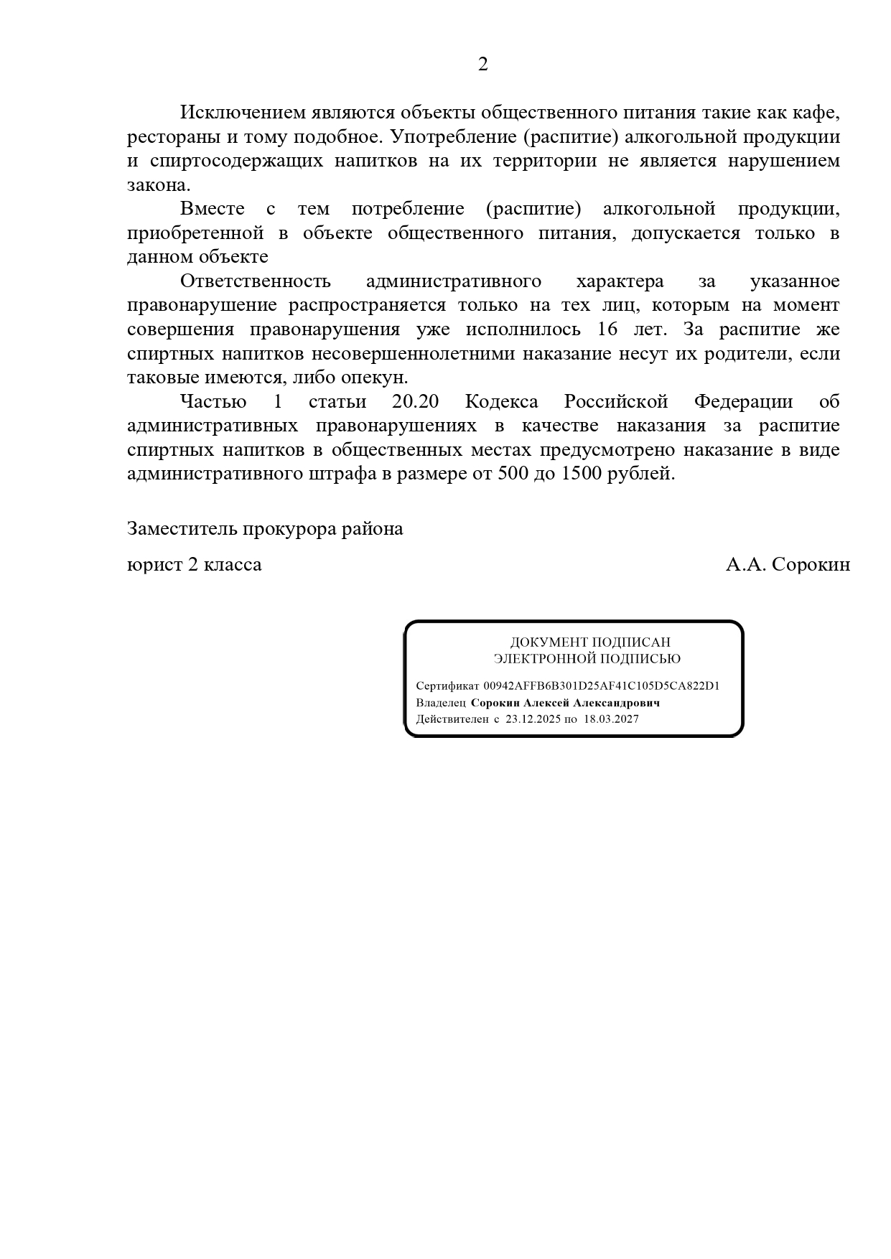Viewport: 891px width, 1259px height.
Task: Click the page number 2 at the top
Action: click(x=482, y=65)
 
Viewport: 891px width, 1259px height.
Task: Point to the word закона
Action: click(x=158, y=185)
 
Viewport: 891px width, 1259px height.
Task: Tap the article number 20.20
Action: click(x=415, y=402)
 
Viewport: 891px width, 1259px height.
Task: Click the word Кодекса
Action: click(x=501, y=402)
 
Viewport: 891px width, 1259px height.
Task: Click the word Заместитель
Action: click(x=182, y=529)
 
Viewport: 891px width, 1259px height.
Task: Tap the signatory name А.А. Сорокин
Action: click(x=788, y=565)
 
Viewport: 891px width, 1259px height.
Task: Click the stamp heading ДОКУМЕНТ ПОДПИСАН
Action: click(x=590, y=642)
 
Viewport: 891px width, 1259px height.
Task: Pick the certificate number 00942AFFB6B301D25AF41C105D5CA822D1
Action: click(x=601, y=685)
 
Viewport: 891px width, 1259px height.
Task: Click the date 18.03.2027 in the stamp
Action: click(x=611, y=719)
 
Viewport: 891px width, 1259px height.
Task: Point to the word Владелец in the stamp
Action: click(x=441, y=703)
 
